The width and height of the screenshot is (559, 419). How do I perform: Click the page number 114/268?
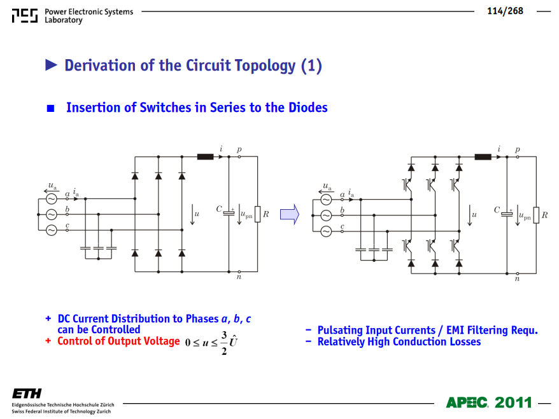tap(505, 11)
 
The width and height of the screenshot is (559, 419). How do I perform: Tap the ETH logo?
tap(27, 394)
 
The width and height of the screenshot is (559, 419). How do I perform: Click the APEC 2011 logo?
tap(489, 402)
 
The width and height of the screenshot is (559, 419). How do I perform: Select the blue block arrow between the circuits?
tap(290, 214)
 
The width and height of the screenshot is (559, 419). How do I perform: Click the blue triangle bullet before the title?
tap(52, 65)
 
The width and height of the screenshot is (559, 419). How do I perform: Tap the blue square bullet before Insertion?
tap(51, 108)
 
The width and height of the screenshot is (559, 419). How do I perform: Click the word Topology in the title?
tap(241, 65)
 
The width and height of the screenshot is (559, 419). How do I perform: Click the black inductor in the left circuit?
tap(206, 156)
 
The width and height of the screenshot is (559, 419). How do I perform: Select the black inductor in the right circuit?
tap(483, 156)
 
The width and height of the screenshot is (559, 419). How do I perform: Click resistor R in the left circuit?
tap(258, 214)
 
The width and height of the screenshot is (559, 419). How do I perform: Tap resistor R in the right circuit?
tap(536, 215)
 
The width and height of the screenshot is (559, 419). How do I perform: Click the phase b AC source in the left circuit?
tap(52, 214)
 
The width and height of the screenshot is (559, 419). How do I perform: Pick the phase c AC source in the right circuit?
tap(326, 231)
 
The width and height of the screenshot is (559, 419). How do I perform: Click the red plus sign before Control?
tap(48, 341)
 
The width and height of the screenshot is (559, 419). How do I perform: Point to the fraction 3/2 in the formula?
tap(224, 343)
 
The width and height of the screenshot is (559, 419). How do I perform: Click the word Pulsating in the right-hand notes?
tap(341, 331)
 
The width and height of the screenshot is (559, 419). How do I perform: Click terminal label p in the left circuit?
tap(239, 149)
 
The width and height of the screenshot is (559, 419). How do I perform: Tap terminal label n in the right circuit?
tap(517, 278)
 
